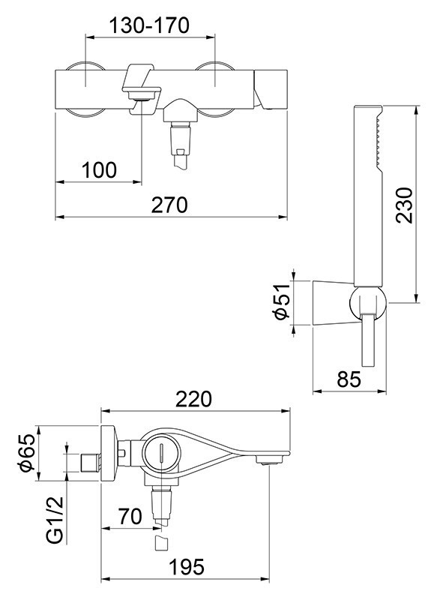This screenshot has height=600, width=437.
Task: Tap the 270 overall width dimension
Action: [170, 204]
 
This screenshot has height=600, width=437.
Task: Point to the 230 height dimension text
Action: [406, 204]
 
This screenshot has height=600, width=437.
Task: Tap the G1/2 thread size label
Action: [53, 517]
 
